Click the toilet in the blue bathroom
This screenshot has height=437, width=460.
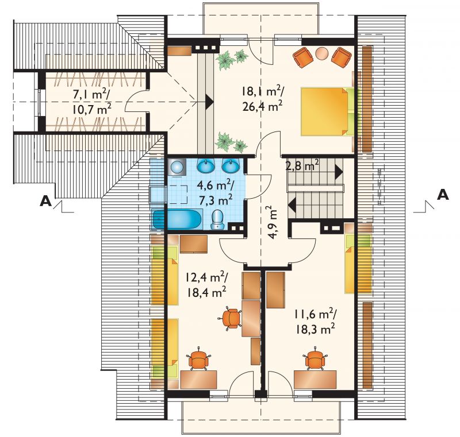(217, 219)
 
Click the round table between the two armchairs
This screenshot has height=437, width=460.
(322, 53)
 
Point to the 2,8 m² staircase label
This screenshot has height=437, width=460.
(302, 166)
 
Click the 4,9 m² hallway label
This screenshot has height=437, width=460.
(271, 222)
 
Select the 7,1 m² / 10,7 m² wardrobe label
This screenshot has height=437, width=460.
(91, 102)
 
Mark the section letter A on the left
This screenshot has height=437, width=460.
(45, 201)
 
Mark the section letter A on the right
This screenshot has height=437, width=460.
(443, 195)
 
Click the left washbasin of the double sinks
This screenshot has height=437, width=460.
(205, 167)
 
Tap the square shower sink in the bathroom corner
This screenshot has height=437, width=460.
(177, 167)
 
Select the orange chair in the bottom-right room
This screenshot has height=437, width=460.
(315, 358)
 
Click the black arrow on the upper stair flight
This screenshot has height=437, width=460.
(339, 172)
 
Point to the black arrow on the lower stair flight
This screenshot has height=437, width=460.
(292, 205)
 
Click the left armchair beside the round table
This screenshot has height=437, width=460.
(303, 57)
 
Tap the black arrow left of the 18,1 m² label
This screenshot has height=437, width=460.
(209, 102)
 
